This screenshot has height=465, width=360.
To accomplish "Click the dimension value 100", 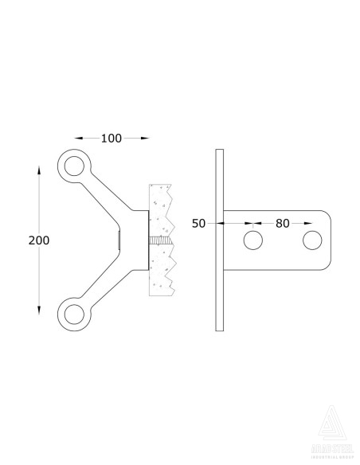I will click(x=112, y=139).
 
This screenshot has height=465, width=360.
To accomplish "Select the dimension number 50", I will click(x=199, y=224).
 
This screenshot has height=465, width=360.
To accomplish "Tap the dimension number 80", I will click(x=282, y=224).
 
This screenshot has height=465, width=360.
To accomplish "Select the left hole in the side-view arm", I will click(x=252, y=240).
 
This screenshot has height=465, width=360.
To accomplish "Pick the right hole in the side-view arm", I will click(x=311, y=240).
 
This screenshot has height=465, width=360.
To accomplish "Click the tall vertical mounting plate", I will click(x=219, y=239).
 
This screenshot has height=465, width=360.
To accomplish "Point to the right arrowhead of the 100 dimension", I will click(x=145, y=139).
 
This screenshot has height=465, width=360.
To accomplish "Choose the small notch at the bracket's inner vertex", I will click(x=119, y=239).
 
